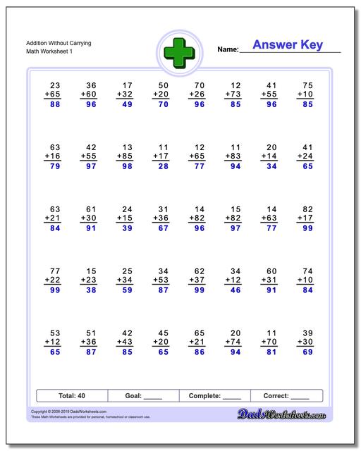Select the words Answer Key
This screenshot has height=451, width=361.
[288, 46]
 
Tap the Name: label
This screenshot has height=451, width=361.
[228, 50]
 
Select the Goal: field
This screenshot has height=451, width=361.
[142, 395]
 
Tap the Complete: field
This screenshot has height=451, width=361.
[215, 395]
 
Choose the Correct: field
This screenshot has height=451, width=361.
[286, 395]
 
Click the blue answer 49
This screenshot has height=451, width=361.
[128, 105]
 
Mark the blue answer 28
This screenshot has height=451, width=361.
[163, 166]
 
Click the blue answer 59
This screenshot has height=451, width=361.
[128, 289]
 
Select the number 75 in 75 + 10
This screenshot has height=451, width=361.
[307, 84]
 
